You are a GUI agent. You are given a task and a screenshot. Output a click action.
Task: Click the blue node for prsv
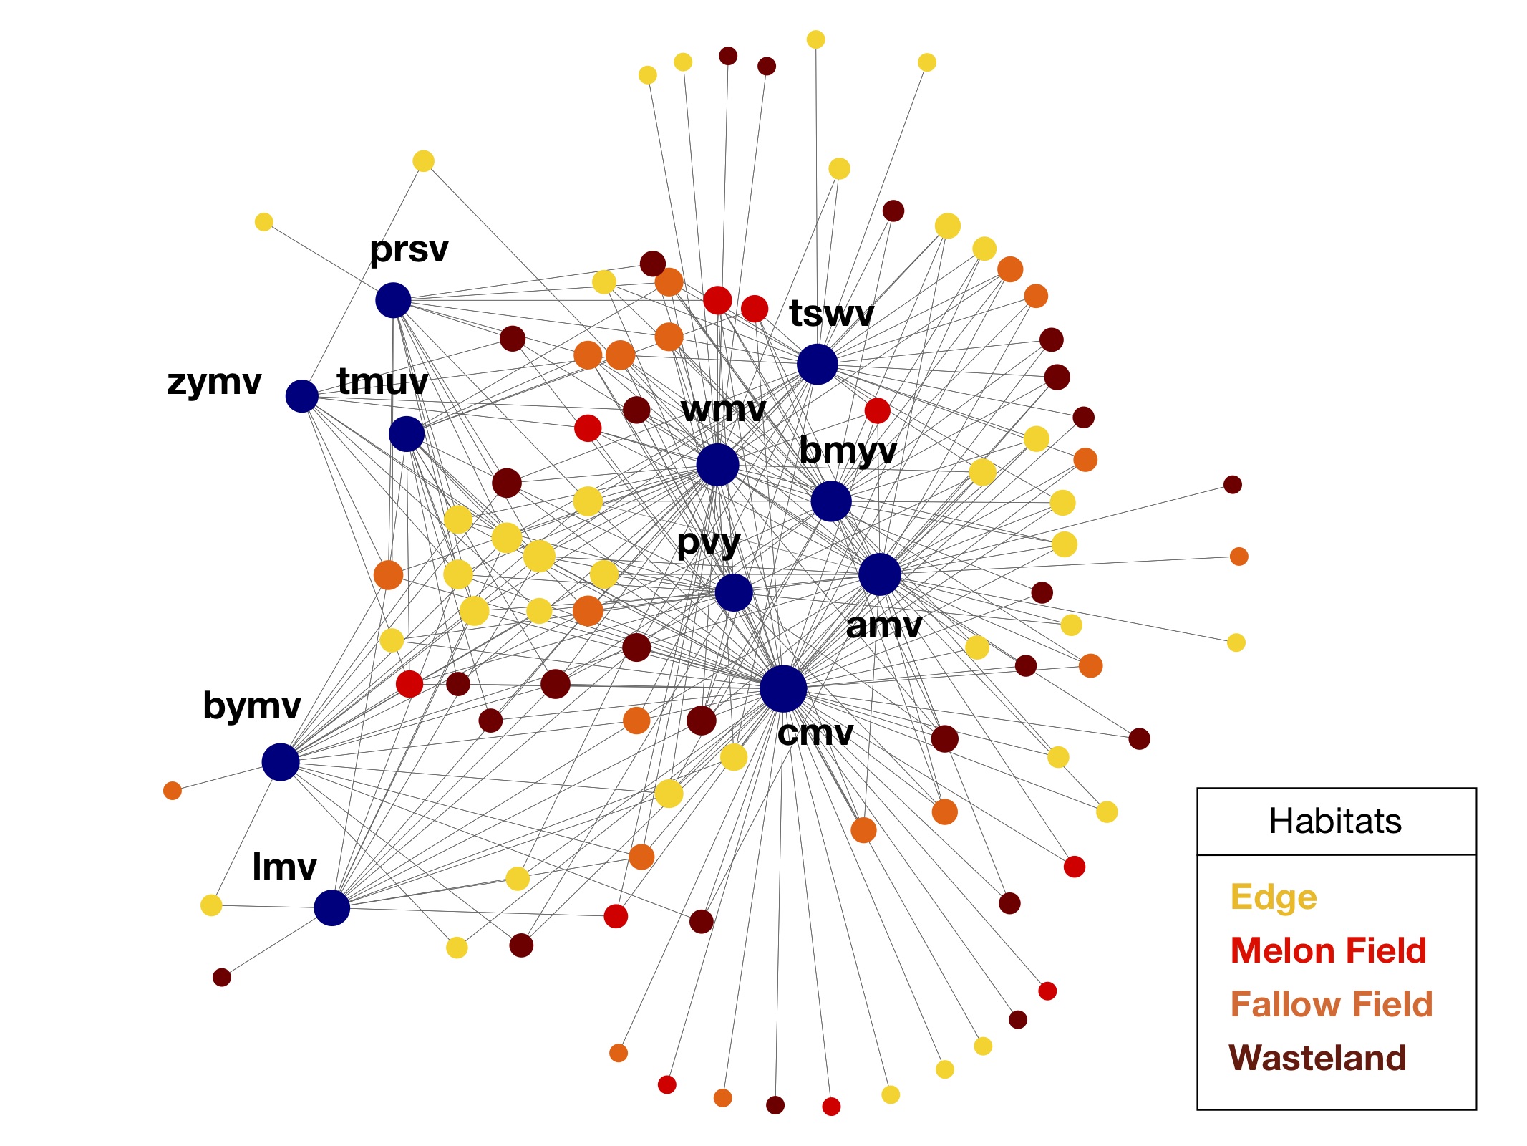tap(393, 300)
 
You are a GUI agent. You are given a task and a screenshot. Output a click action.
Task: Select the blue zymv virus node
tap(301, 396)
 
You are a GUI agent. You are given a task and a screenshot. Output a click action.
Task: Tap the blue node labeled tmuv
tap(407, 434)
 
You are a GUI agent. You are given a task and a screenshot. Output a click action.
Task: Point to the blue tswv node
tap(817, 364)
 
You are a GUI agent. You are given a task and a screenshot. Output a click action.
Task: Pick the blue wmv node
tap(717, 465)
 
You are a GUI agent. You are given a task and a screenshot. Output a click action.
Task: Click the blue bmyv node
tap(831, 501)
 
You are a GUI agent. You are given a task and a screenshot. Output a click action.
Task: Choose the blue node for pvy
tap(734, 593)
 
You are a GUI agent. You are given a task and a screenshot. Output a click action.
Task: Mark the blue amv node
tap(879, 574)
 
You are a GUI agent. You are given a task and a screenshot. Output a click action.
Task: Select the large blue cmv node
tap(783, 689)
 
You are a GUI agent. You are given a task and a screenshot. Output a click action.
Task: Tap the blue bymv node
tap(280, 761)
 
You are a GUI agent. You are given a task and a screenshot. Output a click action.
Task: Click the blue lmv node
tap(331, 907)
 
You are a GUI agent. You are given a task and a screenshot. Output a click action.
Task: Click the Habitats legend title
tap(1335, 821)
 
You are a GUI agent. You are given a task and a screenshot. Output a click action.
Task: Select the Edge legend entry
tap(1274, 897)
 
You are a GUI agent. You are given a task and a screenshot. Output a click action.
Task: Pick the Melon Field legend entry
tap(1328, 951)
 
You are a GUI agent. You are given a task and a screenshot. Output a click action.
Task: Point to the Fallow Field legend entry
tap(1332, 1004)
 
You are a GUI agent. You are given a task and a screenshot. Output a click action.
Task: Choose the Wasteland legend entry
tap(1317, 1058)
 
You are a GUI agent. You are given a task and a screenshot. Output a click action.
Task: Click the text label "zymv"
tap(214, 382)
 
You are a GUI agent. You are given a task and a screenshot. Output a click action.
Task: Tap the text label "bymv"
tap(251, 706)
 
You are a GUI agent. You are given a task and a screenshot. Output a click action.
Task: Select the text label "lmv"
tap(284, 867)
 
